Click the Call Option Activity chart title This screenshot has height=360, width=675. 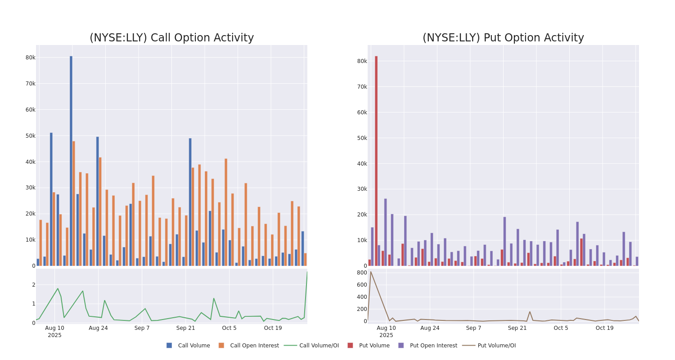click(x=171, y=38)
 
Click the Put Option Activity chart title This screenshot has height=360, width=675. click(x=503, y=38)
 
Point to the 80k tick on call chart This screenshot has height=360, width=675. click(x=30, y=58)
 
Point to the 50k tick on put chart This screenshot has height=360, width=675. click(x=362, y=138)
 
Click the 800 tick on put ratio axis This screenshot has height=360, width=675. click(x=362, y=273)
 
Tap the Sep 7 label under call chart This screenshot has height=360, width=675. click(x=142, y=328)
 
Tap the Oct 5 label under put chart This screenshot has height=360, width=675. click(x=561, y=328)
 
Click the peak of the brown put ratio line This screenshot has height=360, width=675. click(x=370, y=272)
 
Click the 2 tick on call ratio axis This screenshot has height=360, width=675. click(x=33, y=285)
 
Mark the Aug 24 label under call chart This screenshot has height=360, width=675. click(x=98, y=328)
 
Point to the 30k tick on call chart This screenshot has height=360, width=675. click(x=30, y=188)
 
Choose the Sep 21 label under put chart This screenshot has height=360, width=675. click(x=517, y=328)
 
